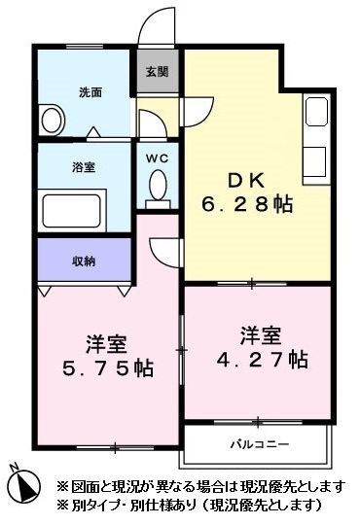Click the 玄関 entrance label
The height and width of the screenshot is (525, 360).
click(x=158, y=72)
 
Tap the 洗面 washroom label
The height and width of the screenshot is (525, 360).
click(x=90, y=92)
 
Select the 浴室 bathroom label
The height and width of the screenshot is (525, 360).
click(x=84, y=166)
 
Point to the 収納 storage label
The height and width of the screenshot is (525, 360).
click(x=84, y=261)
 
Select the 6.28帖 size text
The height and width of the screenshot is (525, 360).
click(x=247, y=205)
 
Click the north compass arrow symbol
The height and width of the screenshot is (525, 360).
click(x=26, y=481)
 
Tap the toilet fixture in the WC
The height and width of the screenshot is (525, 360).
click(x=158, y=185)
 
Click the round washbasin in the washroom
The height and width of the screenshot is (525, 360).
click(x=52, y=121)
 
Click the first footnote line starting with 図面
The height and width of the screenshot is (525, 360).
click(x=199, y=486)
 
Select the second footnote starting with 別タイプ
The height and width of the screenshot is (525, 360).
click(x=189, y=506)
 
